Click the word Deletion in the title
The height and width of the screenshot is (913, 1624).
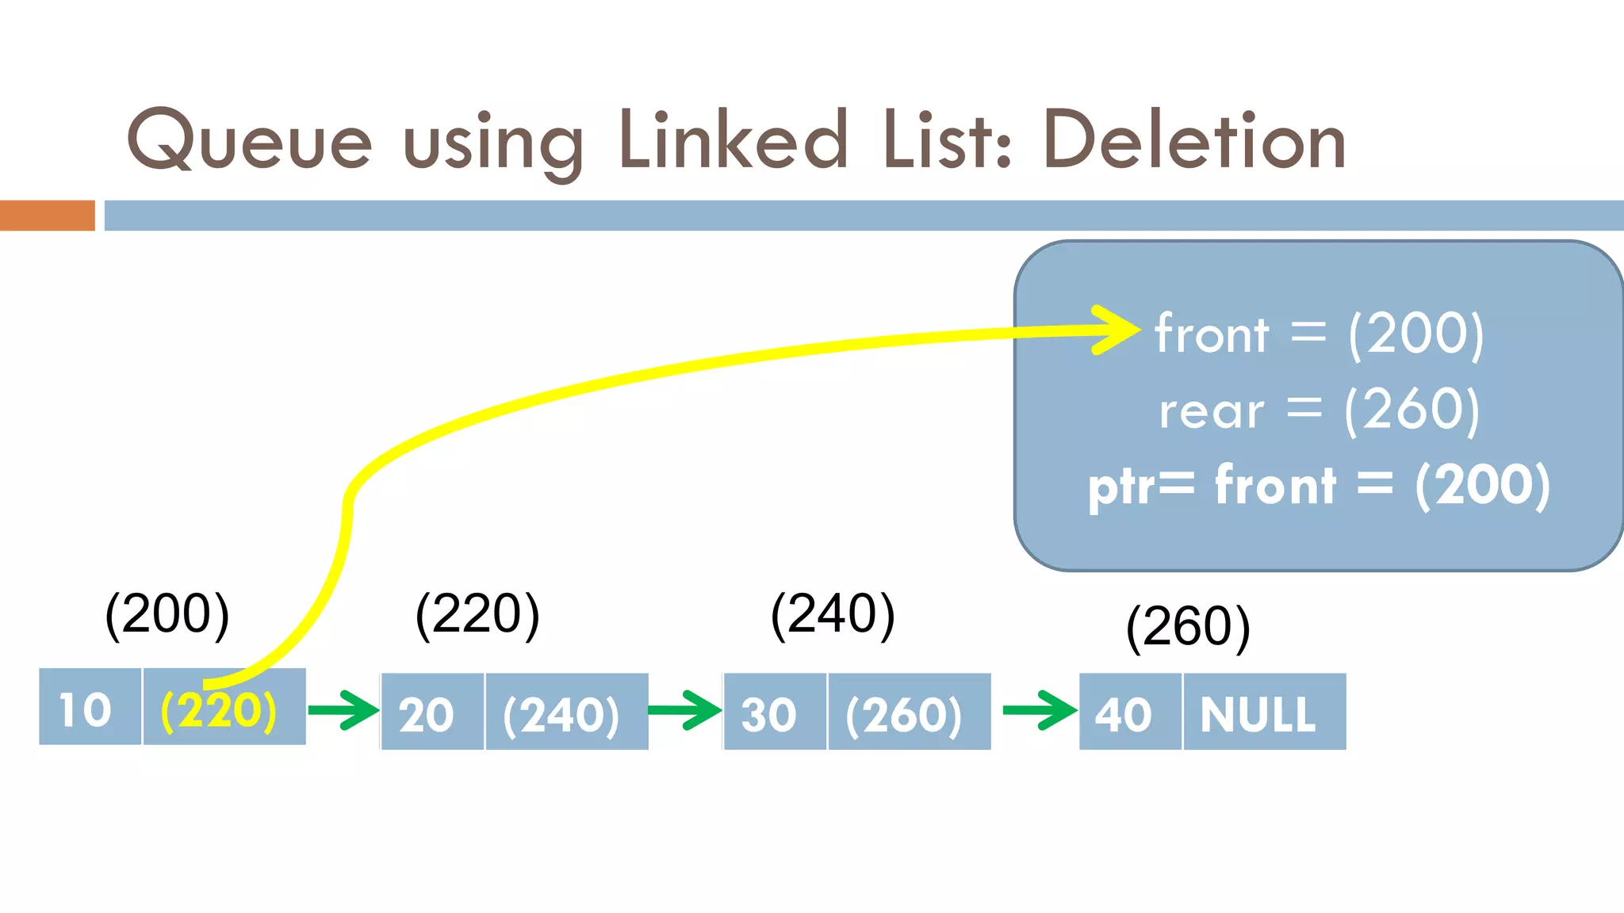pyautogui.click(x=1195, y=141)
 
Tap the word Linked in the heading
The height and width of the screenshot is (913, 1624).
pyautogui.click(x=733, y=141)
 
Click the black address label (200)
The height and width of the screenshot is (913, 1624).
pyautogui.click(x=167, y=614)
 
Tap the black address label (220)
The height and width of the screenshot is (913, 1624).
pyautogui.click(x=477, y=614)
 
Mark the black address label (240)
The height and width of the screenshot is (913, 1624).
pyautogui.click(x=833, y=614)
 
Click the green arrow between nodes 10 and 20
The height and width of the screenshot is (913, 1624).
pyautogui.click(x=343, y=709)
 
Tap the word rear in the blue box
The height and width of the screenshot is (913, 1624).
pyautogui.click(x=1211, y=411)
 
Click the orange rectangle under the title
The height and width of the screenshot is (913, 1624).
pyautogui.click(x=47, y=216)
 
